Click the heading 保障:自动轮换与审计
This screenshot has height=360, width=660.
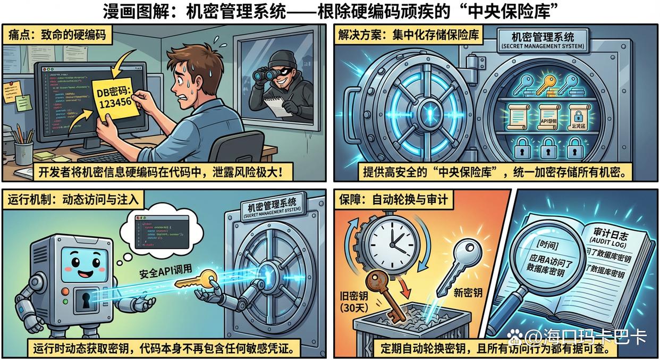(x=393, y=200)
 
